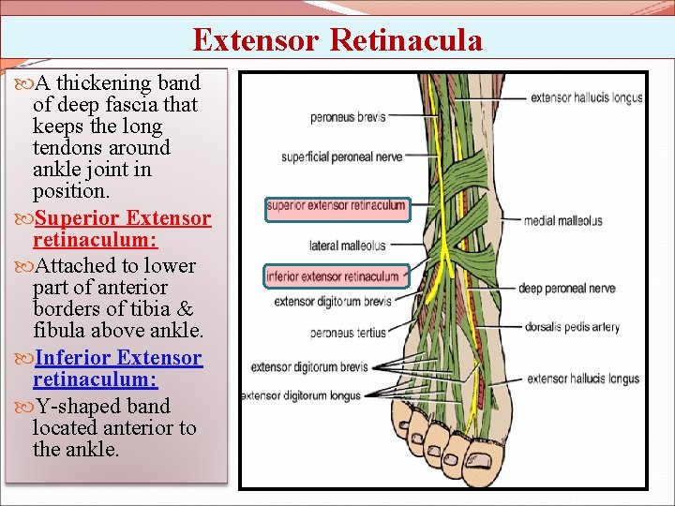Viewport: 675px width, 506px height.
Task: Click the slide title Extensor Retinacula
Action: pyautogui.click(x=337, y=40)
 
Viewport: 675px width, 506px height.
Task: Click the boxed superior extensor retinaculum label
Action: pyautogui.click(x=337, y=205)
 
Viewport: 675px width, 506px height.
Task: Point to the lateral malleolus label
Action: pyautogui.click(x=347, y=246)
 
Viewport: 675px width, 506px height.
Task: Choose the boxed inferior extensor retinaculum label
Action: pyautogui.click(x=335, y=276)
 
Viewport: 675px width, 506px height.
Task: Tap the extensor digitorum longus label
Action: pyautogui.click(x=301, y=395)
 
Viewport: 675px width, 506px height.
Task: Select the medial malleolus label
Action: pyautogui.click(x=563, y=221)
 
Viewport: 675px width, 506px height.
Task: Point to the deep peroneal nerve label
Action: pyautogui.click(x=567, y=288)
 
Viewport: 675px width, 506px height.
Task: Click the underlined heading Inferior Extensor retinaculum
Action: pyautogui.click(x=117, y=369)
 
